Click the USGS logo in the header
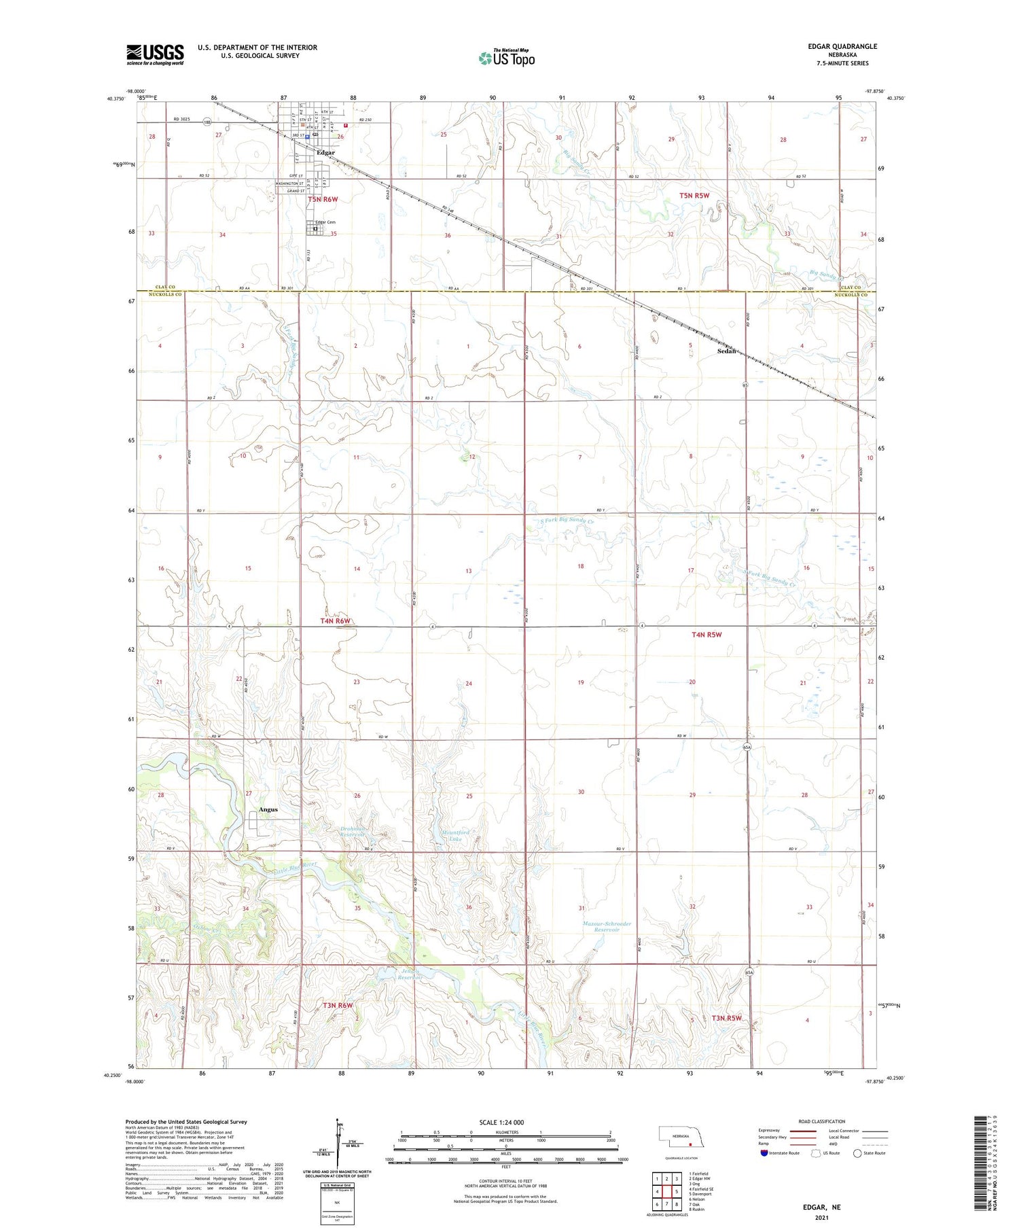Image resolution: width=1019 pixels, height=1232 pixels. click(x=155, y=54)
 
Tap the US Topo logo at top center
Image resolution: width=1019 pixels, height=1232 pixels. click(x=506, y=58)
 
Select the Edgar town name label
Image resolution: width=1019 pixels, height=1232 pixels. click(x=325, y=153)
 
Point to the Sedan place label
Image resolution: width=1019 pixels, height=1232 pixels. click(x=728, y=351)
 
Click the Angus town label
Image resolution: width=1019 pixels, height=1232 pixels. click(x=268, y=809)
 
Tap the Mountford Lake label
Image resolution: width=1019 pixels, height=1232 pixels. click(x=455, y=835)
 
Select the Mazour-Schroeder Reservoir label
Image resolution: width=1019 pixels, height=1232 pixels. click(x=607, y=926)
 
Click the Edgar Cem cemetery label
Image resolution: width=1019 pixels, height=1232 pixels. click(x=325, y=222)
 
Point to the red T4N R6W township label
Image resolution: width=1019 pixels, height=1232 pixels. click(x=335, y=621)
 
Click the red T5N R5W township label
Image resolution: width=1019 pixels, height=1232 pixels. click(x=694, y=196)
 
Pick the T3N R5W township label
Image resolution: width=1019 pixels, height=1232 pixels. click(x=726, y=1018)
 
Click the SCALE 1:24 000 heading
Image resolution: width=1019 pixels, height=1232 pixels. click(x=501, y=1122)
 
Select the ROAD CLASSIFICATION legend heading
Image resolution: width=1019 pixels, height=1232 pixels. click(x=822, y=1121)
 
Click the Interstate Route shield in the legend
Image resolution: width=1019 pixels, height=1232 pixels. click(x=764, y=1153)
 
